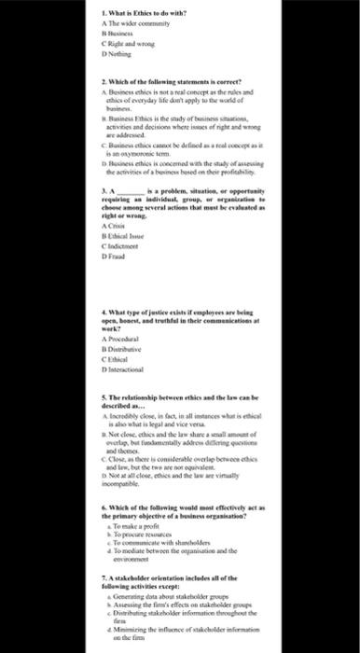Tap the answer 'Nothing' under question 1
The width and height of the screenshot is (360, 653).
[x=131, y=54]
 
